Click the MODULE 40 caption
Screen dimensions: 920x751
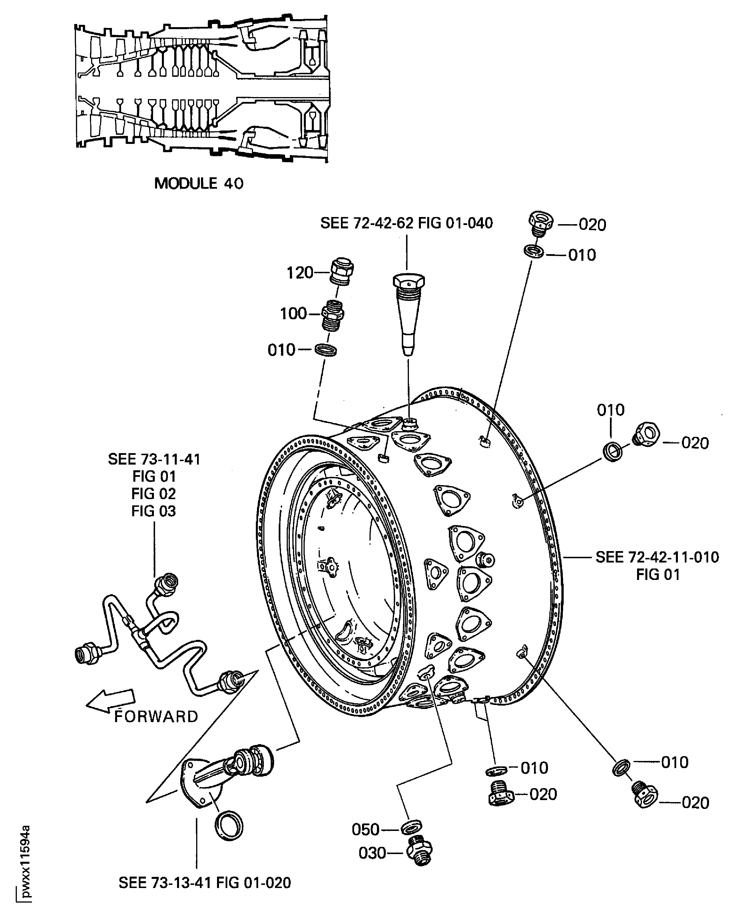[198, 183]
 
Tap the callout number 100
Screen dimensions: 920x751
[293, 314]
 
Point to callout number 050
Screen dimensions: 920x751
[366, 829]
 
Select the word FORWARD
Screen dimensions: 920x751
[156, 717]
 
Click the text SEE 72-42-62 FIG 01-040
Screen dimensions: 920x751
[406, 223]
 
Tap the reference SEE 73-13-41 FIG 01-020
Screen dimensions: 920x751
[205, 883]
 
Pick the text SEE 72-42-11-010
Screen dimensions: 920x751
[657, 557]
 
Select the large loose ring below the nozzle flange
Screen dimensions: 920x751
[229, 826]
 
